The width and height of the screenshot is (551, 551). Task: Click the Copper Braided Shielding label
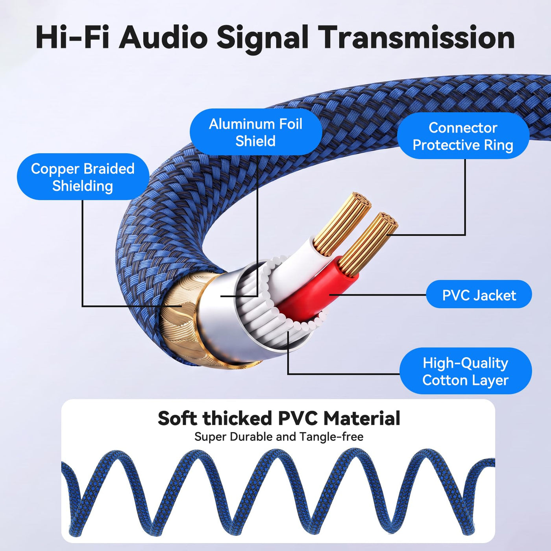click(x=83, y=177)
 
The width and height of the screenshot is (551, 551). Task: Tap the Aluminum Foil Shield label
click(x=256, y=132)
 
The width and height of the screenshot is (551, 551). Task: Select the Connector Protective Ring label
click(x=463, y=136)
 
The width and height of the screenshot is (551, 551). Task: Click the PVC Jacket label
click(x=479, y=294)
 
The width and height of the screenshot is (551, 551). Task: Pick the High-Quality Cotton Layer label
click(x=466, y=371)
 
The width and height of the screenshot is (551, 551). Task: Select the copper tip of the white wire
click(x=342, y=223)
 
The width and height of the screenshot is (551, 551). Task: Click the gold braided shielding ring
click(x=186, y=320)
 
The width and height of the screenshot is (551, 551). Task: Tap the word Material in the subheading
click(x=362, y=418)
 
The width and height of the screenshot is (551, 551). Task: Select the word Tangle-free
click(x=332, y=437)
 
